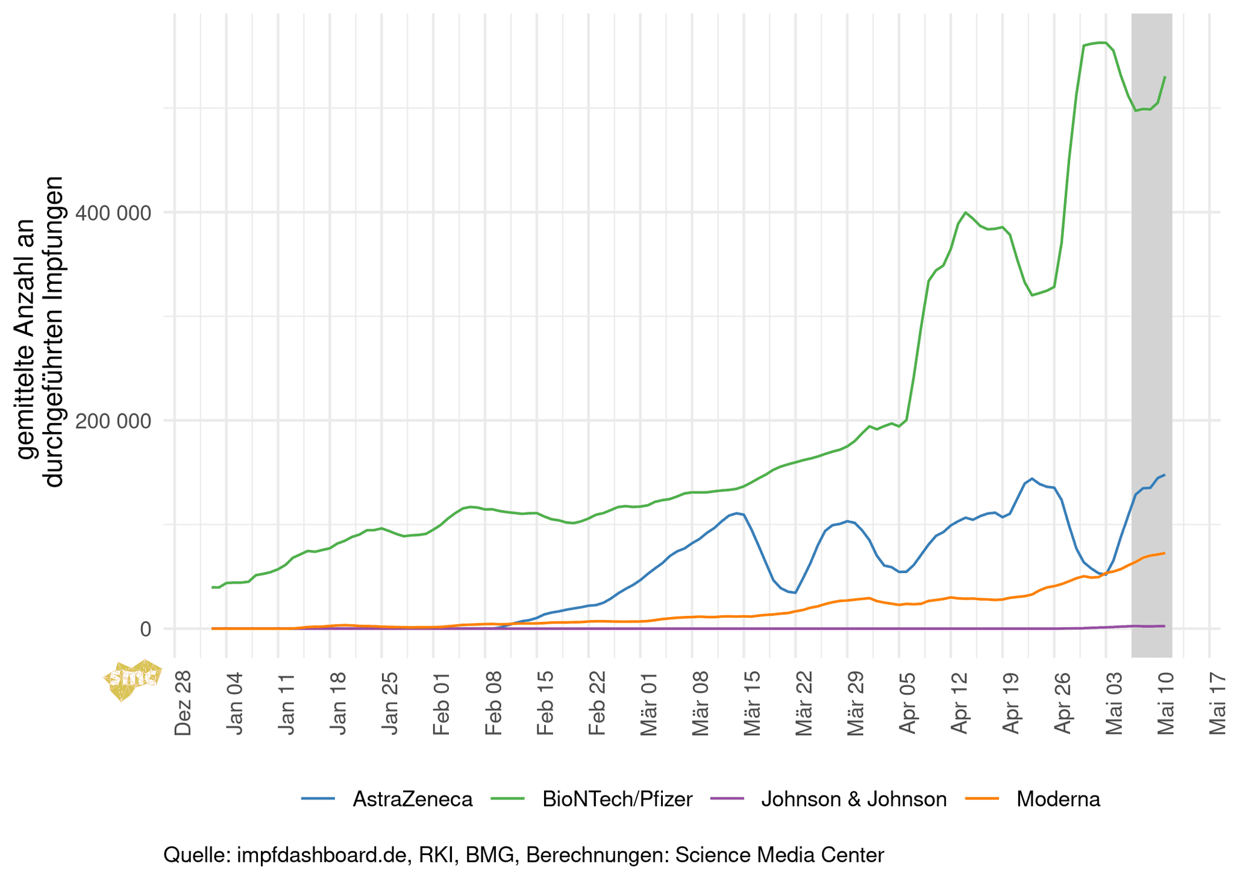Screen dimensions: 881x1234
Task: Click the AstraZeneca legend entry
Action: coord(412,800)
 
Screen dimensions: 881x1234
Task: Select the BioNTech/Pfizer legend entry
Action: coord(617,800)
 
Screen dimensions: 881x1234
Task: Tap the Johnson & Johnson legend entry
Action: coord(854,800)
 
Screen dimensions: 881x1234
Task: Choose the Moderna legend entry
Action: coord(1058,800)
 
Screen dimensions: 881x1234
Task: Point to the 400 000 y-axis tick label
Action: coord(114,212)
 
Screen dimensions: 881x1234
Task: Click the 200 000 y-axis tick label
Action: coord(114,421)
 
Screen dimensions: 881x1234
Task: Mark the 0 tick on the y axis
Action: coord(146,629)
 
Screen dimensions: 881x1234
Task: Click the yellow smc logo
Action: coord(132,679)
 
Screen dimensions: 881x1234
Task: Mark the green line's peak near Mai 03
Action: coord(1101,43)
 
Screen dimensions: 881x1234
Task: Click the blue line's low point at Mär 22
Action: coord(795,593)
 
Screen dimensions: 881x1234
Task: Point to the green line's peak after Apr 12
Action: coord(965,212)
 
